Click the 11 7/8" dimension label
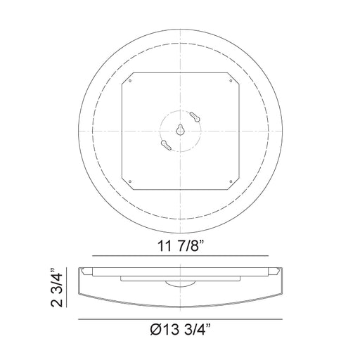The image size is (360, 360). [181, 245]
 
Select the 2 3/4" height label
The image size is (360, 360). [57, 287]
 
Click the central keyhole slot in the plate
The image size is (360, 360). [180, 130]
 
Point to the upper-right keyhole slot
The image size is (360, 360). [195, 117]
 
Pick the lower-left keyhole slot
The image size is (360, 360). [166, 145]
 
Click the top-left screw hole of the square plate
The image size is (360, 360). [130, 81]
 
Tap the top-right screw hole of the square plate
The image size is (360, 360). [231, 81]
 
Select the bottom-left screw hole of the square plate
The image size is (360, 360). [130, 181]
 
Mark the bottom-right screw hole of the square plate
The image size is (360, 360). [231, 181]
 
